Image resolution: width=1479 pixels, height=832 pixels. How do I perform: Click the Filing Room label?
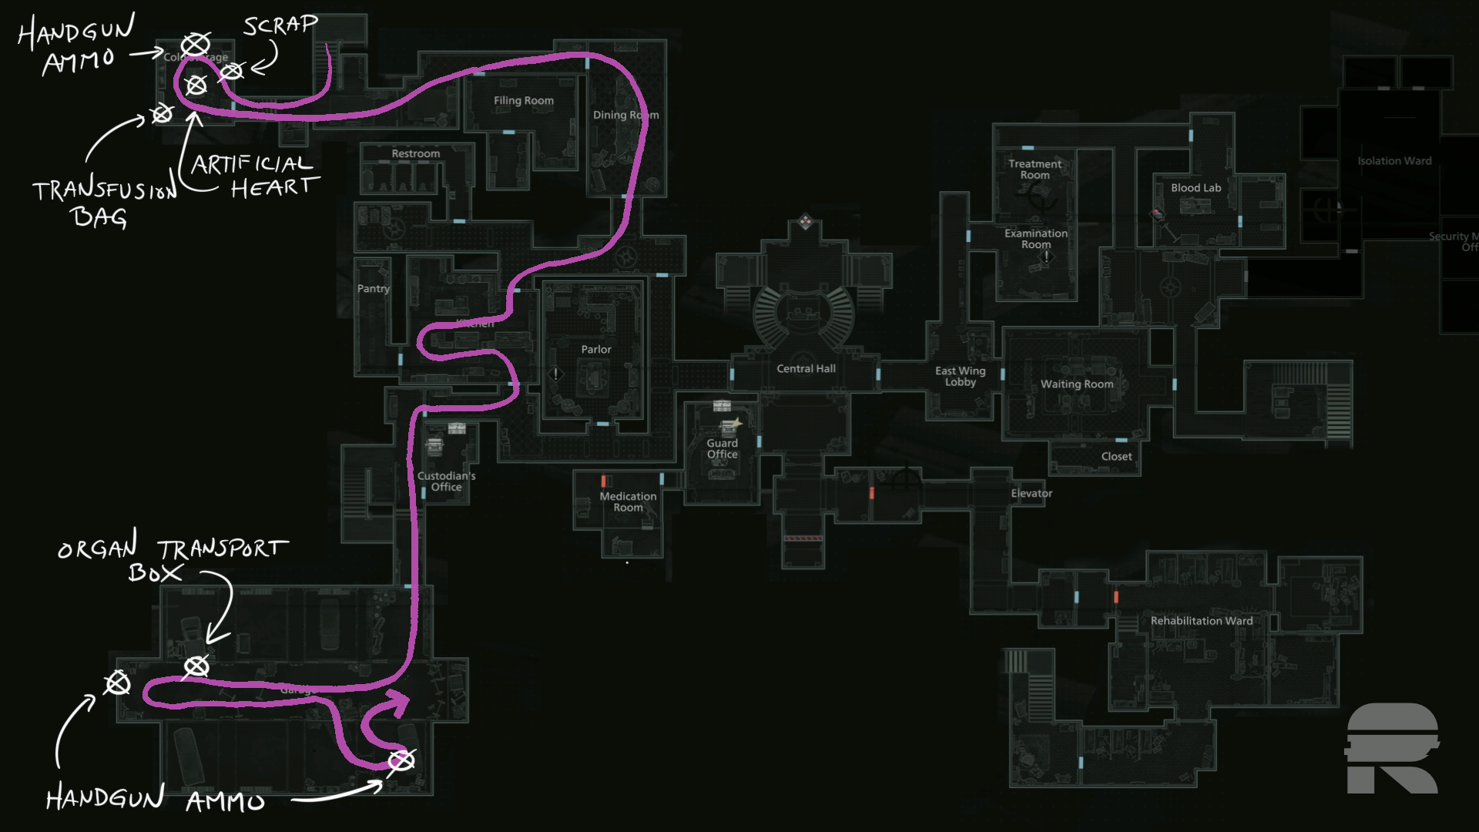click(524, 101)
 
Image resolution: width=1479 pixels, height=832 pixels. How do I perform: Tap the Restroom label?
click(416, 154)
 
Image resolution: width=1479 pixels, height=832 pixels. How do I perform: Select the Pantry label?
click(374, 289)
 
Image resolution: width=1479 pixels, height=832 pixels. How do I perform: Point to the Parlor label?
click(596, 350)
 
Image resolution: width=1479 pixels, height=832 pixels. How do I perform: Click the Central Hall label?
click(806, 369)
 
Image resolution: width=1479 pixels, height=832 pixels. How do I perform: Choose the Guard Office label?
click(723, 449)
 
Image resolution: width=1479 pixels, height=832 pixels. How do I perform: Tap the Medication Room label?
click(629, 502)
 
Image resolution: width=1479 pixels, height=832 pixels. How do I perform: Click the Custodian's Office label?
click(447, 481)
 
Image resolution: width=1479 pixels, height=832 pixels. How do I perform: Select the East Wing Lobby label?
click(961, 377)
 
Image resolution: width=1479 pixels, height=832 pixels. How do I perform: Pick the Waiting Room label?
click(1077, 384)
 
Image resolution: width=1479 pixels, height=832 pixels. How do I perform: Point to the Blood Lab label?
click(1196, 188)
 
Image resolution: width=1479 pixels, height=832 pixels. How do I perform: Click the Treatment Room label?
click(1035, 169)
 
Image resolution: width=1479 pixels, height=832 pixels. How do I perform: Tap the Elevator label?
click(1031, 494)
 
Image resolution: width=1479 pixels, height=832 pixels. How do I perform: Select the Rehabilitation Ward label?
click(1202, 621)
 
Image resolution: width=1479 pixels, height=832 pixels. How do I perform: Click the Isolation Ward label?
click(1394, 161)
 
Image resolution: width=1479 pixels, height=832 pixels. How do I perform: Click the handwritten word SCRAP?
click(280, 25)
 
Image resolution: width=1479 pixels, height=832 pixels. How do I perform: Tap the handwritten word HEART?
click(274, 188)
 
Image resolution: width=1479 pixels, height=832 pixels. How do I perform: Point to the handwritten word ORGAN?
click(98, 548)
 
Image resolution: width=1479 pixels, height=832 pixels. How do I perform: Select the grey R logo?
click(1393, 748)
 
